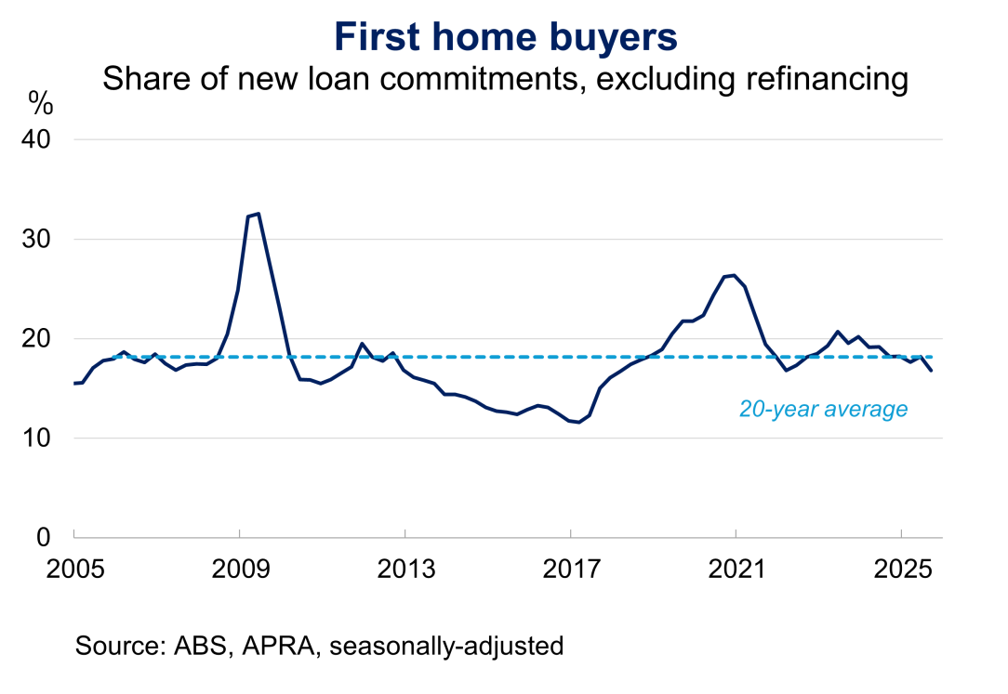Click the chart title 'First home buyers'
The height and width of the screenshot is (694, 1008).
506,37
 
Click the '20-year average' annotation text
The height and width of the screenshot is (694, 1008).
823,409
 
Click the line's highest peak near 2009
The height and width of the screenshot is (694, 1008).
258,214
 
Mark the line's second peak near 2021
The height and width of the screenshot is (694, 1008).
734,275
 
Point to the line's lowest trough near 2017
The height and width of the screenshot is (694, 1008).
579,423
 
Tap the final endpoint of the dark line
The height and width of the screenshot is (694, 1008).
932,371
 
